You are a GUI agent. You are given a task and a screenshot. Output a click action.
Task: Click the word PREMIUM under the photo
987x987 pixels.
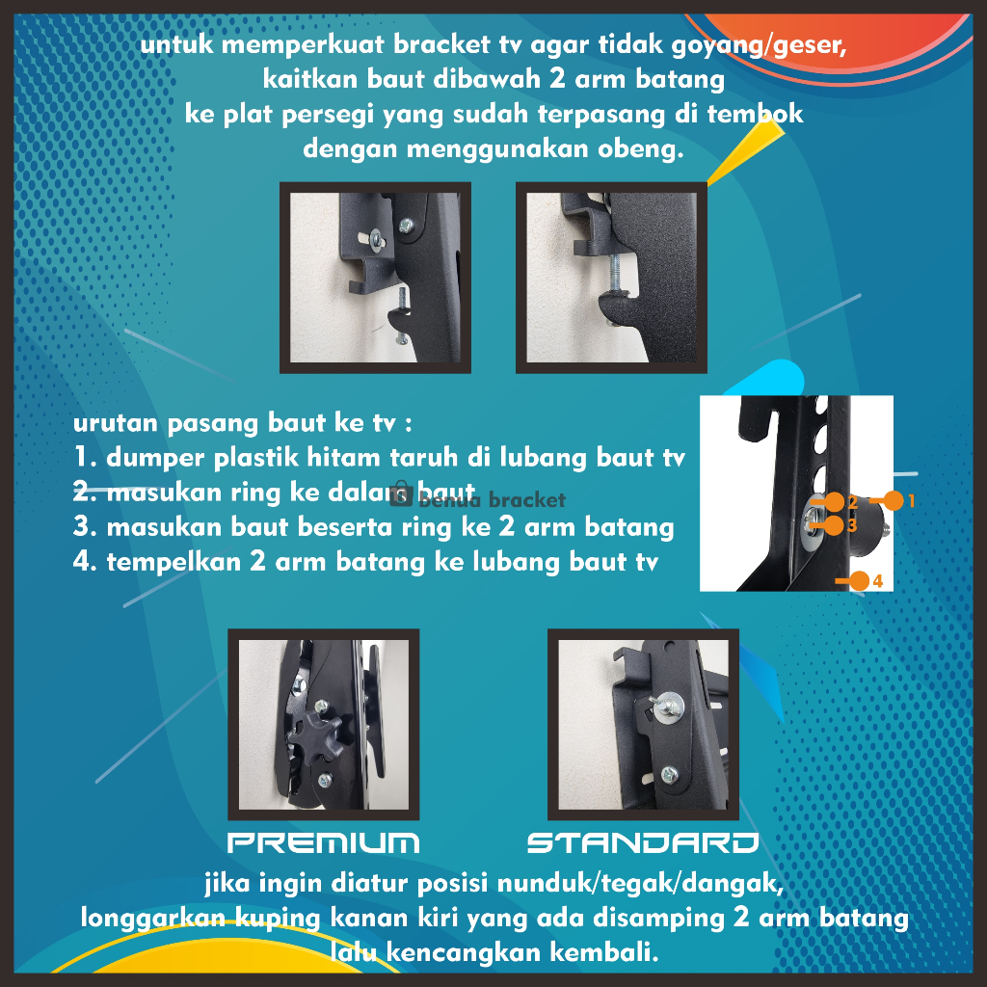click(323, 842)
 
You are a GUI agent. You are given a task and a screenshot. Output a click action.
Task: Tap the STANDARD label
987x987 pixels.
click(643, 842)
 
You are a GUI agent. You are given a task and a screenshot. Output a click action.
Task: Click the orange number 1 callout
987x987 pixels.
click(911, 500)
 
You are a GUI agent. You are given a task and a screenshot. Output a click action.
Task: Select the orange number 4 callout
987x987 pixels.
click(877, 581)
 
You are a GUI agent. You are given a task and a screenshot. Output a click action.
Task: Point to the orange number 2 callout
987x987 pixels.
click(852, 501)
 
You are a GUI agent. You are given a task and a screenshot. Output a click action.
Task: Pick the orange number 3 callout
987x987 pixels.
click(852, 525)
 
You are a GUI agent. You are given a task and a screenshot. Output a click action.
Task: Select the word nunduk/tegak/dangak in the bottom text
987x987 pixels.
click(641, 884)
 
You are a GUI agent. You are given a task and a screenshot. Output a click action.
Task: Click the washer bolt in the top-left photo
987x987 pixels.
click(376, 239)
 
